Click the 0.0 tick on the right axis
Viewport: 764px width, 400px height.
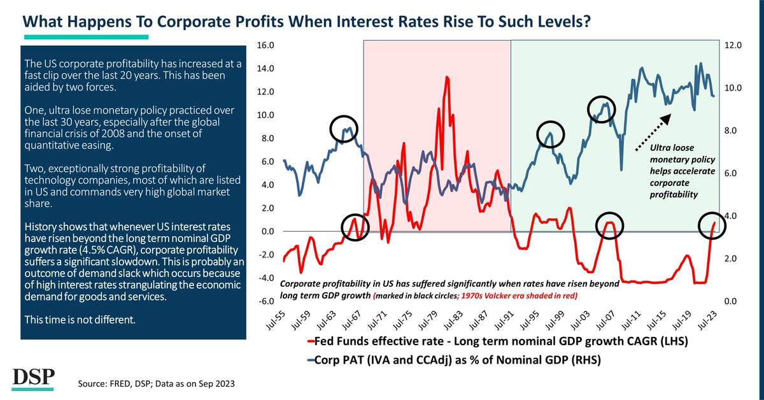point(727,301)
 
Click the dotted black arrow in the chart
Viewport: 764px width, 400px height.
point(653,132)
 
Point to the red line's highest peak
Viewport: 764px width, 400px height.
point(448,77)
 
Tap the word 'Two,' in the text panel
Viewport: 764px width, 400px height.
point(34,168)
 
